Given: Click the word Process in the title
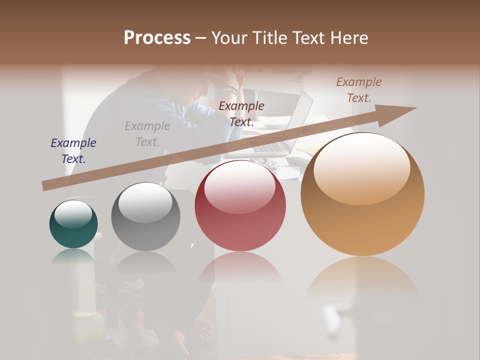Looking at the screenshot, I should tap(157, 38).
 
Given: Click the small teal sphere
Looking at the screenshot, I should tap(73, 224).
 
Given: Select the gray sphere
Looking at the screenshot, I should tap(145, 217).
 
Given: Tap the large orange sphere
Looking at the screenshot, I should tap(362, 194).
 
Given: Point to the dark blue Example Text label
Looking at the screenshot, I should tap(73, 151).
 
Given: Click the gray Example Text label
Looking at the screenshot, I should tap(147, 134).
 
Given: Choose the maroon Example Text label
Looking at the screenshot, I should tap(241, 113).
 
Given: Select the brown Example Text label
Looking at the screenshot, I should tap(359, 90).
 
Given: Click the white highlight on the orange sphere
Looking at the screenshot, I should tap(361, 167).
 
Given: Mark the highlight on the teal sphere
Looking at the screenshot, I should tap(73, 213).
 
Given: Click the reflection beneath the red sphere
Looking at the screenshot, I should tap(240, 267).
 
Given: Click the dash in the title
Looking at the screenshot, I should tap(200, 38).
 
